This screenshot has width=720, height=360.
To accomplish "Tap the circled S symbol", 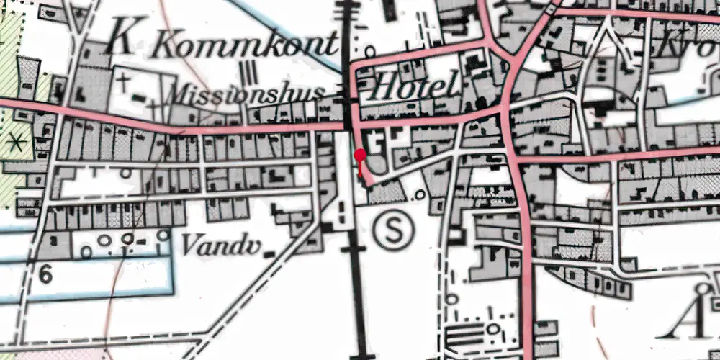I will point(395,230).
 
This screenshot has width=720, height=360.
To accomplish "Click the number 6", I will point(46,275).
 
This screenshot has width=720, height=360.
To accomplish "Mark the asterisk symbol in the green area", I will point(14,142).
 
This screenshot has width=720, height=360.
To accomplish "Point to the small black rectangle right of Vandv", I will point(270,253).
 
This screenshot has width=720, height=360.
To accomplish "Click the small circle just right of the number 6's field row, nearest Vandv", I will point(163,234).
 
